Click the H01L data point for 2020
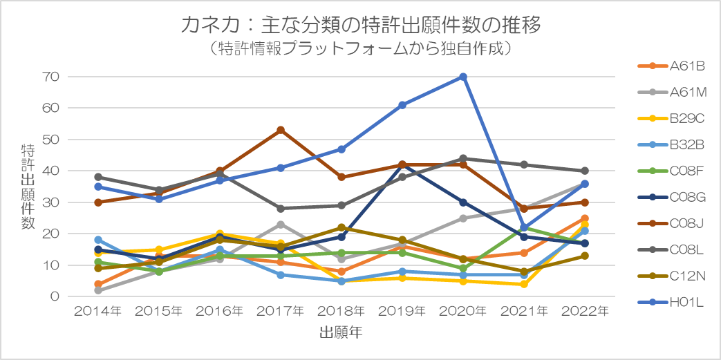[463, 77]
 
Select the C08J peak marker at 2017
[281, 130]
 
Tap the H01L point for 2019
[402, 105]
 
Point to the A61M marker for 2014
[99, 290]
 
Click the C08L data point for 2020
[463, 158]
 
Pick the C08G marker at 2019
[402, 164]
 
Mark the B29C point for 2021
[524, 284]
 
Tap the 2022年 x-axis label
[585, 312]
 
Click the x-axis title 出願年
[341, 333]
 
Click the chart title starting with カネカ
[360, 25]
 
